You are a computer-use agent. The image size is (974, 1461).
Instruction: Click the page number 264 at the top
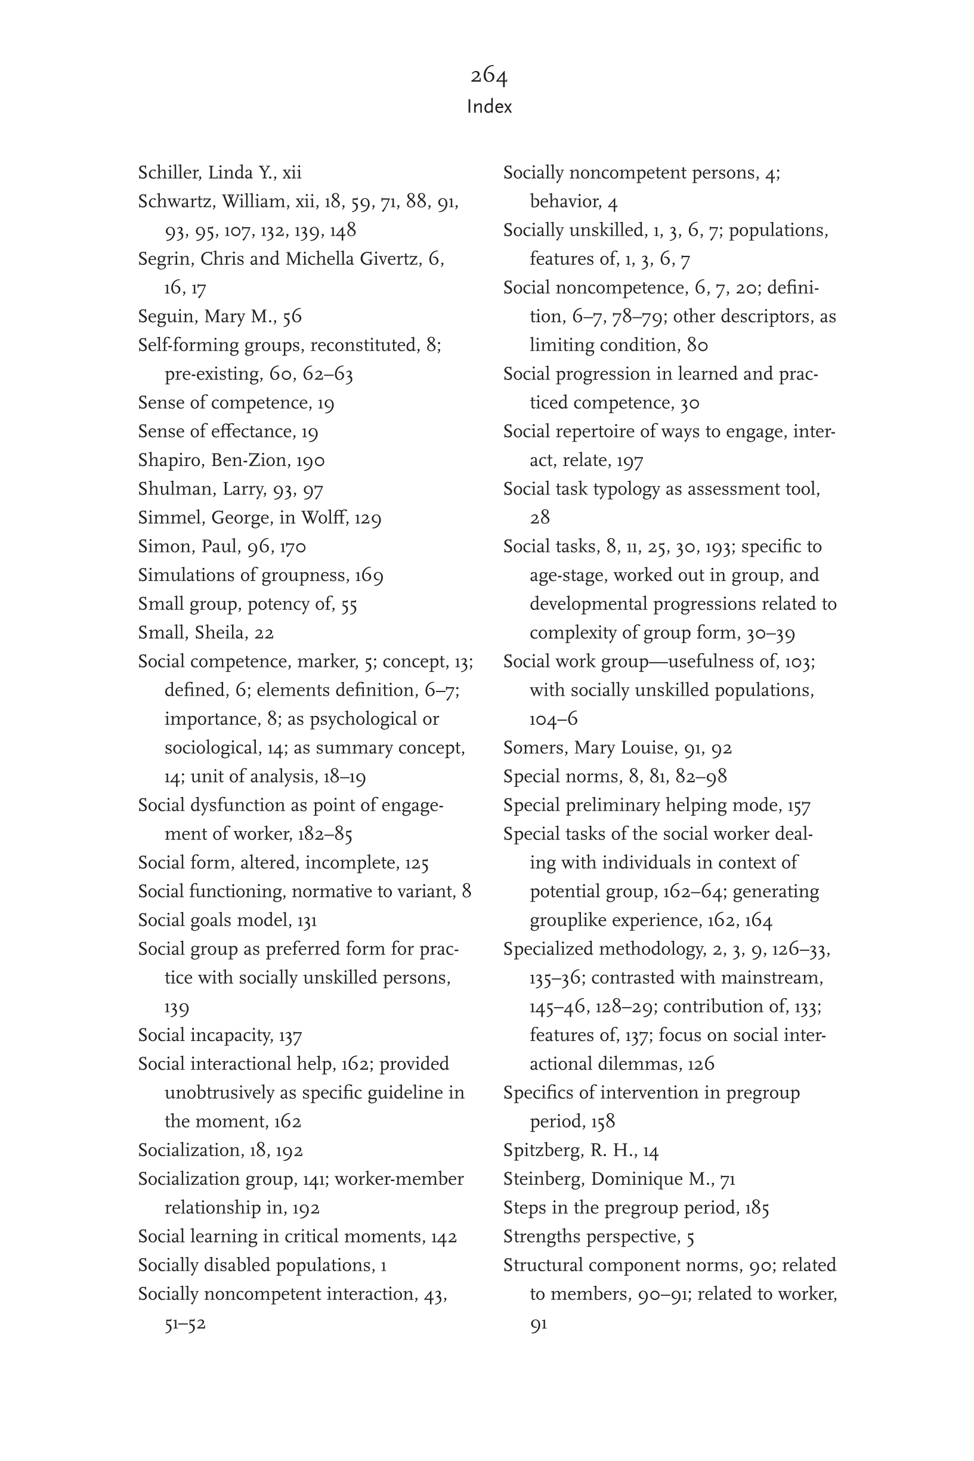(489, 76)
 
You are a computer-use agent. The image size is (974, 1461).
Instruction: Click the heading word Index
(490, 107)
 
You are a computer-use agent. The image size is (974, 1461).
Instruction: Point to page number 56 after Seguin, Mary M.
(292, 317)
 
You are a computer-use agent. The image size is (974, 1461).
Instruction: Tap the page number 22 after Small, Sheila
(264, 633)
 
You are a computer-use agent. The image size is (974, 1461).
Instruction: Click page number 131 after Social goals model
(307, 921)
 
